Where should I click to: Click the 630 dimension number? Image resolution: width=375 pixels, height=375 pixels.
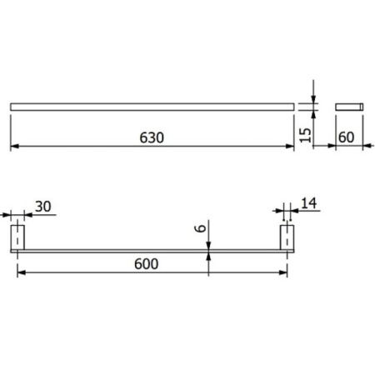tap(152, 137)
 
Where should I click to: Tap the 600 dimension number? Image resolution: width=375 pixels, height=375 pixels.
tap(147, 264)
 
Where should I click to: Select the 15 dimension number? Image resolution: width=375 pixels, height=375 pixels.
tap(306, 135)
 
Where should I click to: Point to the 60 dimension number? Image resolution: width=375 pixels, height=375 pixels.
tap(347, 137)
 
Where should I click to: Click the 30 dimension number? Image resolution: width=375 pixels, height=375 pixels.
tap(43, 207)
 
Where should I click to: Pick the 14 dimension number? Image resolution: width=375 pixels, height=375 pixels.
tap(309, 203)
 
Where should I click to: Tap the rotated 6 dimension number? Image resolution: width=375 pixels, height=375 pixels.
tap(201, 228)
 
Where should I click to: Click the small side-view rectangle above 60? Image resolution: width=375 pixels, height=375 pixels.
tap(349, 107)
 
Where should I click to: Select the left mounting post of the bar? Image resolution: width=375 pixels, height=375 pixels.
tap(17, 237)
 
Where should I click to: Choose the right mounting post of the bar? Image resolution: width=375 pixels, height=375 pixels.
tap(287, 237)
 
